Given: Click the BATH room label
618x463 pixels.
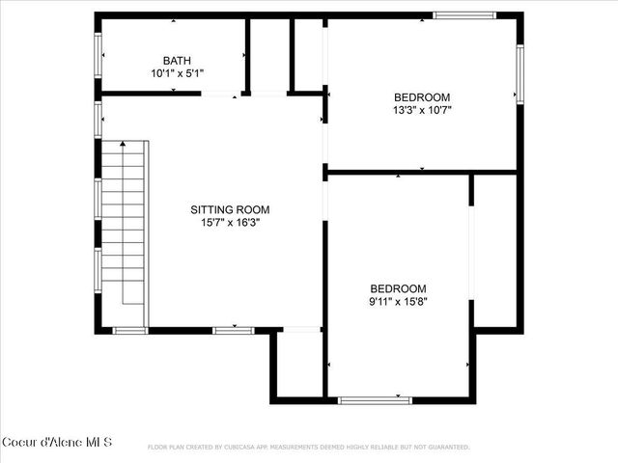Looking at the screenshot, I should pyautogui.click(x=177, y=60).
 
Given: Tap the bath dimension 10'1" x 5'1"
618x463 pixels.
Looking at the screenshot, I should pyautogui.click(x=177, y=73).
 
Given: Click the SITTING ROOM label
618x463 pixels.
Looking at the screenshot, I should pyautogui.click(x=230, y=209).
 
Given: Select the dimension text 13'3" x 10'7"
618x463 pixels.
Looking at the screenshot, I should pyautogui.click(x=423, y=110).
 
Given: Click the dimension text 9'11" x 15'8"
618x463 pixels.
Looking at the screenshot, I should pyautogui.click(x=399, y=301).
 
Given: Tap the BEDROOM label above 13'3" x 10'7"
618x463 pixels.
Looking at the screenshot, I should pyautogui.click(x=423, y=96).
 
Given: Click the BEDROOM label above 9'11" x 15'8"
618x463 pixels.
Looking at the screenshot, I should pyautogui.click(x=399, y=288).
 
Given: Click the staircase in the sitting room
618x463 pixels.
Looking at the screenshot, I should pyautogui.click(x=124, y=222).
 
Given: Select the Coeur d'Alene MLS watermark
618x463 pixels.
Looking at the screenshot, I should pyautogui.click(x=57, y=443).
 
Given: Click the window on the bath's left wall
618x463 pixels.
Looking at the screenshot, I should pyautogui.click(x=98, y=55).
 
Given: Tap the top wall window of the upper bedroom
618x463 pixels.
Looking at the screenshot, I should pyautogui.click(x=463, y=15).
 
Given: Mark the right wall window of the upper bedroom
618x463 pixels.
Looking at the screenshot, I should pyautogui.click(x=519, y=74).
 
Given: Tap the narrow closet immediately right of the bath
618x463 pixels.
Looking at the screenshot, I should pyautogui.click(x=269, y=56).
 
